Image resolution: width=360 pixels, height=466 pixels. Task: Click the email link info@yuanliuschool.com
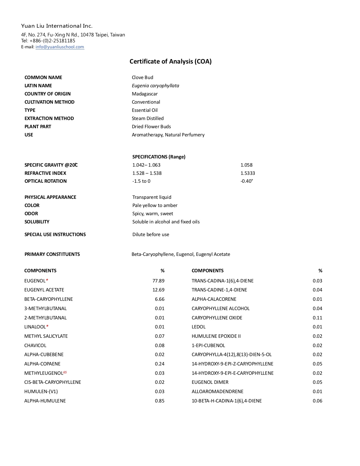60,47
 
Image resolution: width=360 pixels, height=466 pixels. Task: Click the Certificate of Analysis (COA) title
171,62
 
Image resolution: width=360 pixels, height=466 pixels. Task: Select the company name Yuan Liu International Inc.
57,26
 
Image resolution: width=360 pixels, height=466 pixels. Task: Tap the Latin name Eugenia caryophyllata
155,86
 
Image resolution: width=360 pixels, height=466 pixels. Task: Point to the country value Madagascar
145,94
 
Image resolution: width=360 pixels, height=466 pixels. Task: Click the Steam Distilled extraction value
148,118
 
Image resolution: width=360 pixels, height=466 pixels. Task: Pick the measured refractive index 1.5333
248,173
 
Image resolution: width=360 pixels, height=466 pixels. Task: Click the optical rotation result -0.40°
247,181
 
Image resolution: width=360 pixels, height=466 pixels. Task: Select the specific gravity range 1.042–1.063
146,165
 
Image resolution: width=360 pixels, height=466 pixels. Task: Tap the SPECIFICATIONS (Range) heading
159,157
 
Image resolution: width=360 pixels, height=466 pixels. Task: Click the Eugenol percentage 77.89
158,281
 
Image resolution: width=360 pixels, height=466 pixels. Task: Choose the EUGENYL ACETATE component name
44,290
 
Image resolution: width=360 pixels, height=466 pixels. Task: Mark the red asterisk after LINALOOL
47,326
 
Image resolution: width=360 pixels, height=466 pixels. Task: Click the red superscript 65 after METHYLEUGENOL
65,372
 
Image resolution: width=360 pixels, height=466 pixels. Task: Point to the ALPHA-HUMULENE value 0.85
160,401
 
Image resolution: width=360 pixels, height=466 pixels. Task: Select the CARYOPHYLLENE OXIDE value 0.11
317,318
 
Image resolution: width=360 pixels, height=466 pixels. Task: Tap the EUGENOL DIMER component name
210,382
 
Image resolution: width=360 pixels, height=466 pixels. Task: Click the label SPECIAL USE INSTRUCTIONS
55,234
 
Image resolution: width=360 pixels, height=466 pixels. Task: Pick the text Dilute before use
151,234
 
